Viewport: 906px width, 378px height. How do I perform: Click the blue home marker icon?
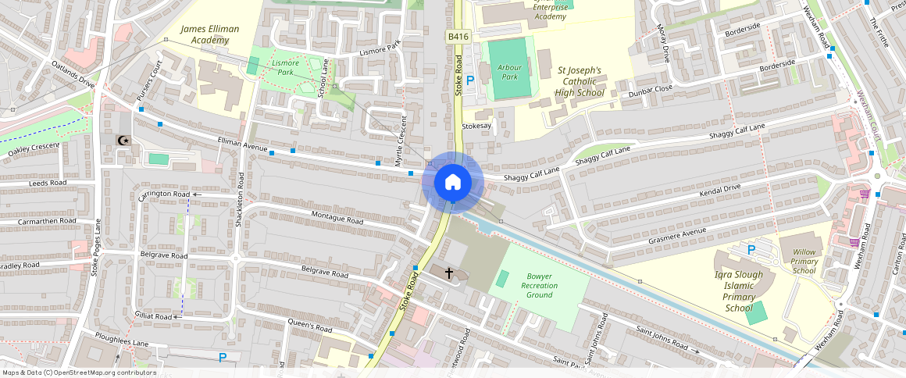[x=453, y=183]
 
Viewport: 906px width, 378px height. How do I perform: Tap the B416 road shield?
[x=458, y=37]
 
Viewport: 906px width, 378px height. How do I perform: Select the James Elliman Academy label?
[x=209, y=34]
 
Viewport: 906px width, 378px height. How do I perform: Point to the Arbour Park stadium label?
[x=508, y=73]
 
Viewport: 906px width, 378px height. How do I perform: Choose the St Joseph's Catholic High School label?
[x=580, y=81]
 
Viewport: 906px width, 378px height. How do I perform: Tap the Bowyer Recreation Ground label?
[x=540, y=285]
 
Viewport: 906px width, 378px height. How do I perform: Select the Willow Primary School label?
[x=803, y=261]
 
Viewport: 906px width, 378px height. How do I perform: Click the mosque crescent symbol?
[x=123, y=140]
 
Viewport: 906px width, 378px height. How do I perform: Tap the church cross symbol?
[x=449, y=273]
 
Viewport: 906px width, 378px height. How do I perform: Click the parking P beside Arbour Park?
[x=469, y=80]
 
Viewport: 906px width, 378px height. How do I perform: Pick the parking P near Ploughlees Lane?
[x=223, y=357]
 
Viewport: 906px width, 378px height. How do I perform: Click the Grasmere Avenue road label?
[x=676, y=235]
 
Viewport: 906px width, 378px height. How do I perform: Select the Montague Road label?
[x=337, y=218]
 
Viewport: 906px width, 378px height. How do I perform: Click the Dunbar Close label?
[x=651, y=91]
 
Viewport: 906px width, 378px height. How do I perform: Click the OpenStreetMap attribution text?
[x=79, y=373]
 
